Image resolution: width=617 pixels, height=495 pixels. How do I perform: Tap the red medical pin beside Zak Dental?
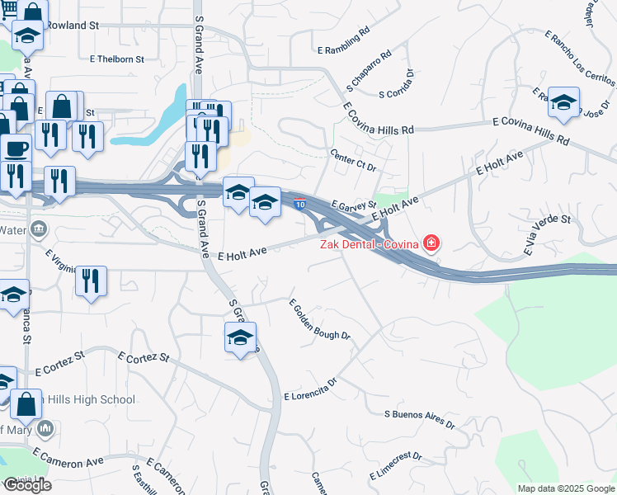(x=430, y=243)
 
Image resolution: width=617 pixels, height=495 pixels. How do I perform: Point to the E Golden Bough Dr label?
(x=320, y=319)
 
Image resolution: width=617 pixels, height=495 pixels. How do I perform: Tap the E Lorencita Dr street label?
(x=311, y=390)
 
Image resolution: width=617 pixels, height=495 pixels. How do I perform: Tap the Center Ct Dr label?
(x=353, y=160)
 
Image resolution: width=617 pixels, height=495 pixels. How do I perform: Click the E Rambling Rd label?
(x=343, y=50)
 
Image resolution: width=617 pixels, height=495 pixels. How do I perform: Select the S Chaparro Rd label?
(x=364, y=74)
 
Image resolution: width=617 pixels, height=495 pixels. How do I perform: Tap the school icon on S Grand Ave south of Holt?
(x=241, y=337)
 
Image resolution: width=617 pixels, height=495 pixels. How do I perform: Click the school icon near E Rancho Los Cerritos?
(x=563, y=101)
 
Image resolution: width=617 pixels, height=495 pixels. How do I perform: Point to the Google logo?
(x=26, y=485)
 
